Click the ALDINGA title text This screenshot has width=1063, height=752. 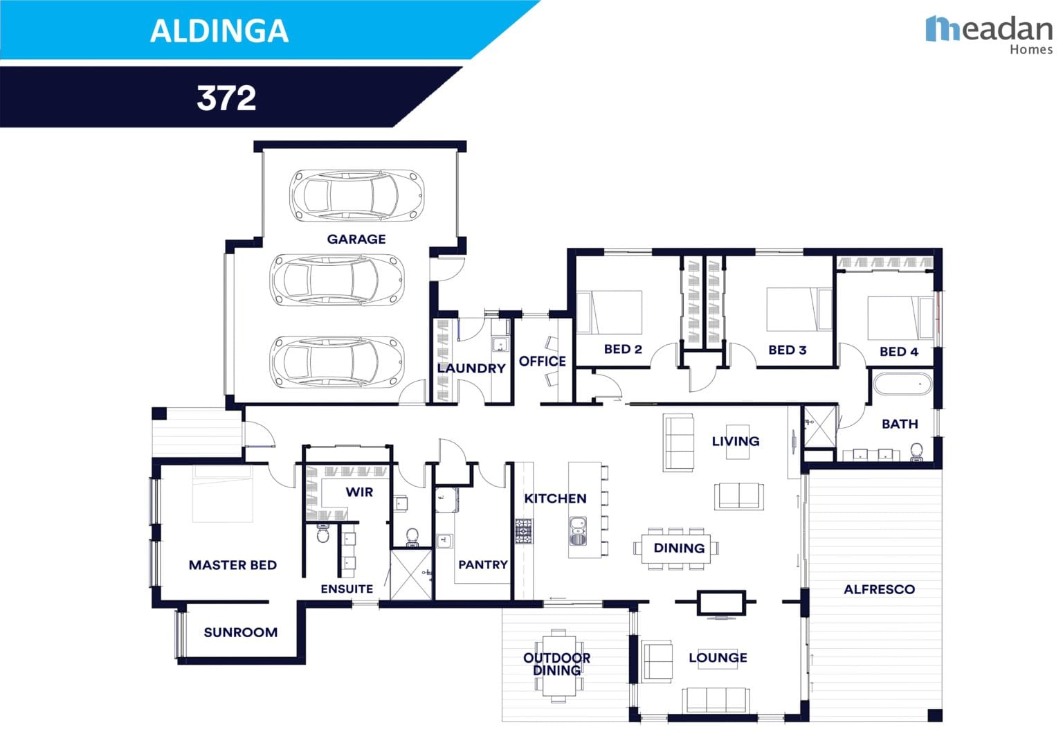(x=219, y=31)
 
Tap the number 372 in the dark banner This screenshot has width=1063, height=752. (x=226, y=98)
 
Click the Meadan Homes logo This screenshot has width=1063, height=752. (x=989, y=34)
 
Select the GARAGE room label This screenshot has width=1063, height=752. (x=356, y=240)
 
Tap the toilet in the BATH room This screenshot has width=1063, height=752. (x=917, y=451)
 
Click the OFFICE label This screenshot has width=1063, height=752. (x=542, y=361)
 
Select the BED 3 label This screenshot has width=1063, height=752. (x=787, y=350)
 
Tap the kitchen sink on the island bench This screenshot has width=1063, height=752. (x=577, y=530)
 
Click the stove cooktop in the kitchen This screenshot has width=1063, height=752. (x=523, y=530)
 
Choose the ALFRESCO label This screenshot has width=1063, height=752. (x=878, y=590)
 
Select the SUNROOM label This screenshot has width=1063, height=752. (x=240, y=632)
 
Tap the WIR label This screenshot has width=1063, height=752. (x=358, y=492)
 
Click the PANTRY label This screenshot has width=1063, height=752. (x=482, y=565)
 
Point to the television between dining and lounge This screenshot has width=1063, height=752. (x=720, y=604)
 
